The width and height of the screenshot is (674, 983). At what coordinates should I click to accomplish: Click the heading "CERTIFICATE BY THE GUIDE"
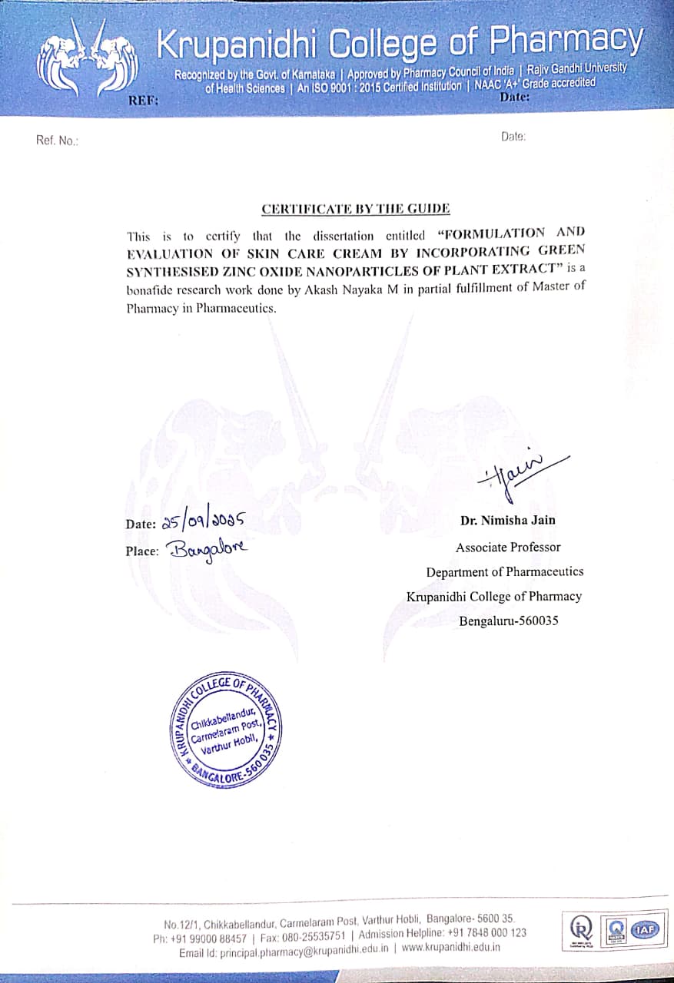click(356, 209)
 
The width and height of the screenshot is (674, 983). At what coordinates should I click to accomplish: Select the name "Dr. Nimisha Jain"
click(508, 520)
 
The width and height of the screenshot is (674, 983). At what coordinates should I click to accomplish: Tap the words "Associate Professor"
click(508, 548)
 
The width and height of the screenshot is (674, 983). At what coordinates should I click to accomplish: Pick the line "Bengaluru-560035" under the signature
click(508, 621)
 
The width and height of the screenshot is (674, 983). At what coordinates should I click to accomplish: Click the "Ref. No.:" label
click(57, 141)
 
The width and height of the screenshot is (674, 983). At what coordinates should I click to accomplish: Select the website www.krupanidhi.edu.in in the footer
click(450, 947)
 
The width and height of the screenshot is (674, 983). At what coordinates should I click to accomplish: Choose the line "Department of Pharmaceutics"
click(505, 571)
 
